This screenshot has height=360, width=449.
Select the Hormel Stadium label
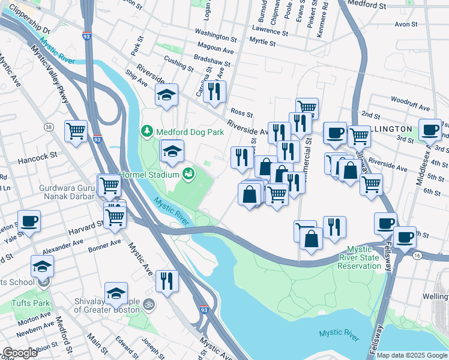(x=149, y=175)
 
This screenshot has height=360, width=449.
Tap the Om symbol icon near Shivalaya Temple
(x=149, y=306)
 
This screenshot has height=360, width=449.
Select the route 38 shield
(x=49, y=127)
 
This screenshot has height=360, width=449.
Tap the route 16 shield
(x=416, y=255)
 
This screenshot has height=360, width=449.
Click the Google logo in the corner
(x=21, y=353)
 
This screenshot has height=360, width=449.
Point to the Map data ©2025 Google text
(x=412, y=355)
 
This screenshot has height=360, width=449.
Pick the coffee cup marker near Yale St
(x=29, y=221)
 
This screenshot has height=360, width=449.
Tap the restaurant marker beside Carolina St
(x=214, y=91)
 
